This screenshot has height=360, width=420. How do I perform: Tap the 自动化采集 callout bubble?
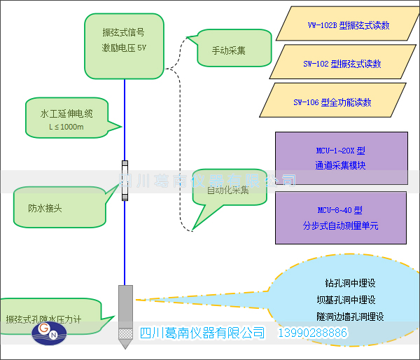point(230,190)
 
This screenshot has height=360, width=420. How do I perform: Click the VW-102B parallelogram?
point(348,25)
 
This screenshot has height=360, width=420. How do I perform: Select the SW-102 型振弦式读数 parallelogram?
point(342,64)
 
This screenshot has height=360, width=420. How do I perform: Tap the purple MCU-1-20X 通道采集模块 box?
point(341,158)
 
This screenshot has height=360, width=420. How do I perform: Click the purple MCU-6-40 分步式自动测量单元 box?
point(341,217)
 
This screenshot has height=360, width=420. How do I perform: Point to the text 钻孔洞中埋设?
point(351,283)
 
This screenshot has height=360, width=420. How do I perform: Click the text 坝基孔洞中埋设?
point(351,300)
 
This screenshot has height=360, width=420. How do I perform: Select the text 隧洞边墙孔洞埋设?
point(351,317)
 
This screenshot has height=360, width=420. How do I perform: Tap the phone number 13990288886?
point(314,333)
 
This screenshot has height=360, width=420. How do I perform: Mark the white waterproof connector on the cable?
point(125,181)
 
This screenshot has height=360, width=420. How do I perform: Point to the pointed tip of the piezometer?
point(125,345)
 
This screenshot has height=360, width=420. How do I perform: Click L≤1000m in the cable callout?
point(66,127)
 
